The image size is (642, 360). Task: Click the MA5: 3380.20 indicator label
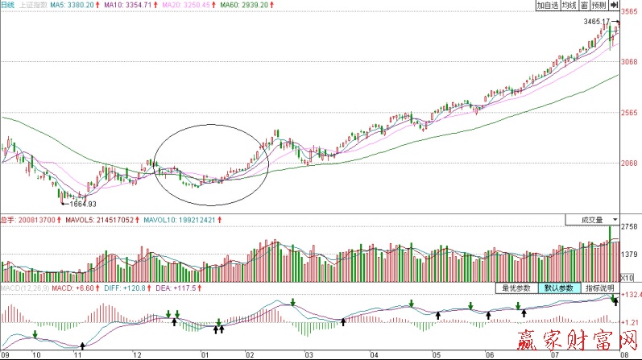(74, 5)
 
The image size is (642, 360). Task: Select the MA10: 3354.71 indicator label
(128, 5)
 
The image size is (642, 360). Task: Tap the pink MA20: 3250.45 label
(186, 5)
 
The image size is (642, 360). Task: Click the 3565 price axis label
(629, 13)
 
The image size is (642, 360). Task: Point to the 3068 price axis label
(629, 62)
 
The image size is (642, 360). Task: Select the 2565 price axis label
(629, 114)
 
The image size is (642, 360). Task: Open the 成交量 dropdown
(592, 219)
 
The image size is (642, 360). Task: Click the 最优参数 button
(516, 288)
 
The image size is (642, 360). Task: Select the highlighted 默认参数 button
(557, 288)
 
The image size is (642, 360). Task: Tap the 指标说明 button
(599, 288)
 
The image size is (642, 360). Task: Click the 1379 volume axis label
(629, 254)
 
